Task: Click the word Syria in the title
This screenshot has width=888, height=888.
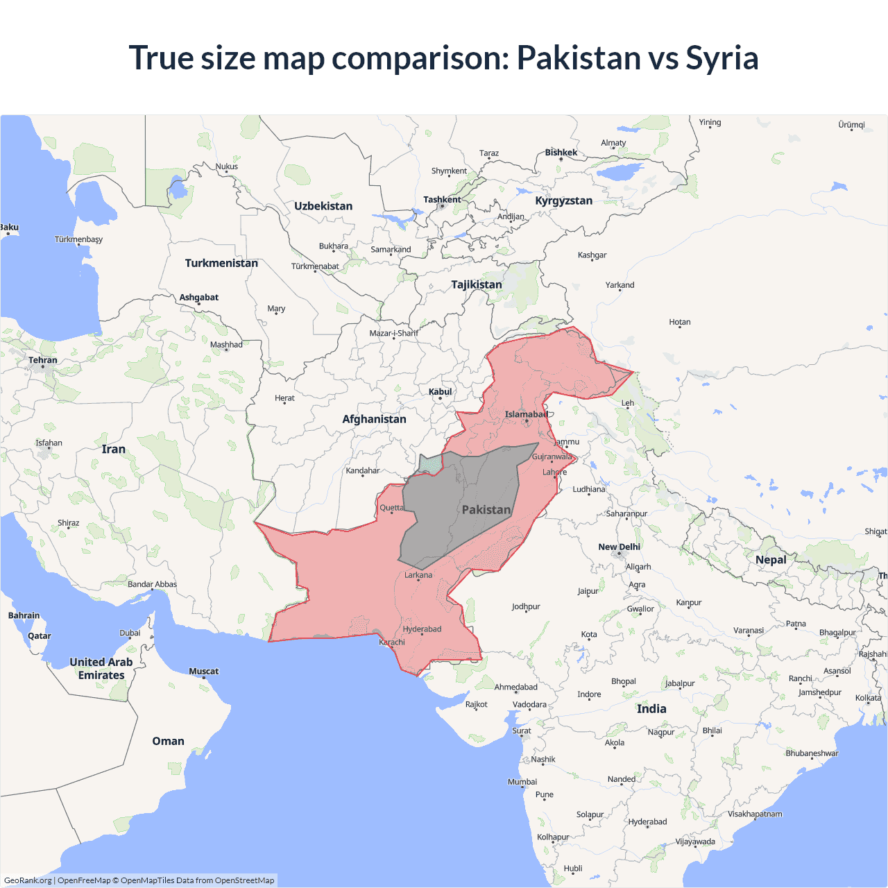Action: pyautogui.click(x=721, y=58)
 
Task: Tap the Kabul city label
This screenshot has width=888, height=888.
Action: pyautogui.click(x=440, y=392)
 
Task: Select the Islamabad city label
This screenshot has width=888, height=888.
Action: pyautogui.click(x=526, y=414)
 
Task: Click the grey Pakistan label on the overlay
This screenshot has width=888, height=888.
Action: pyautogui.click(x=486, y=510)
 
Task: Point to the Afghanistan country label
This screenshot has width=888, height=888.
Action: pyautogui.click(x=374, y=419)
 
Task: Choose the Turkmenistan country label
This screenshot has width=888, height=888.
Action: pyautogui.click(x=221, y=263)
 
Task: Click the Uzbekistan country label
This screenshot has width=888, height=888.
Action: pyautogui.click(x=323, y=206)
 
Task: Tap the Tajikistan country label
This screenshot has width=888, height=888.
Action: pyautogui.click(x=477, y=284)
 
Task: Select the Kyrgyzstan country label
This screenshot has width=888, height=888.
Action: pyautogui.click(x=563, y=200)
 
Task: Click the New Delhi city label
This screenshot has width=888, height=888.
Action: pyautogui.click(x=619, y=547)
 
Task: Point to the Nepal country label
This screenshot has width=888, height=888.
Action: pyautogui.click(x=771, y=560)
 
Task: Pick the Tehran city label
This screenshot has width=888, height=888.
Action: pyautogui.click(x=43, y=360)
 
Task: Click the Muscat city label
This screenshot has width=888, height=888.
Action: pyautogui.click(x=203, y=671)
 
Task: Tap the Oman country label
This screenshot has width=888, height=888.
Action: pyautogui.click(x=168, y=741)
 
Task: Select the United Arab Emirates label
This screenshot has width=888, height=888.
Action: pyautogui.click(x=101, y=669)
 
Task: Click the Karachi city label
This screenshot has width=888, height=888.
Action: pyautogui.click(x=392, y=642)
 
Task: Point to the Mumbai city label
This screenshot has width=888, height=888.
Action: pyautogui.click(x=522, y=782)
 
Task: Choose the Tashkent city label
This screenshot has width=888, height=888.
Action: pyautogui.click(x=442, y=200)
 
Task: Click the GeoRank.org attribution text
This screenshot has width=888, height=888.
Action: pyautogui.click(x=28, y=880)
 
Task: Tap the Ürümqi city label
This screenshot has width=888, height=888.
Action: pyautogui.click(x=851, y=125)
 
